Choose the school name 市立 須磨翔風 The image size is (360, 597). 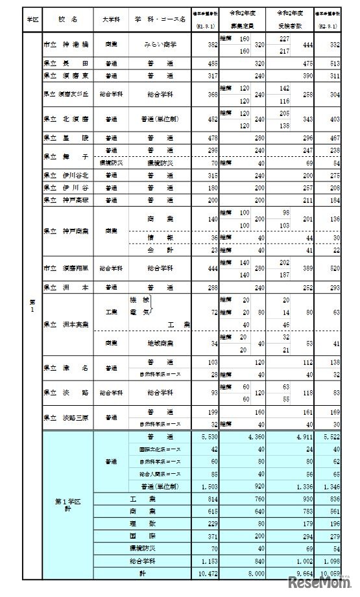[x=65, y=267]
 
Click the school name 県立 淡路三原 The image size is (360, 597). [x=66, y=417]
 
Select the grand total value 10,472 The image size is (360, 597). [x=206, y=574]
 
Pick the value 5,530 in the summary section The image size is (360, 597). [x=206, y=438]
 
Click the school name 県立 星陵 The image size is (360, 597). [x=62, y=138]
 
